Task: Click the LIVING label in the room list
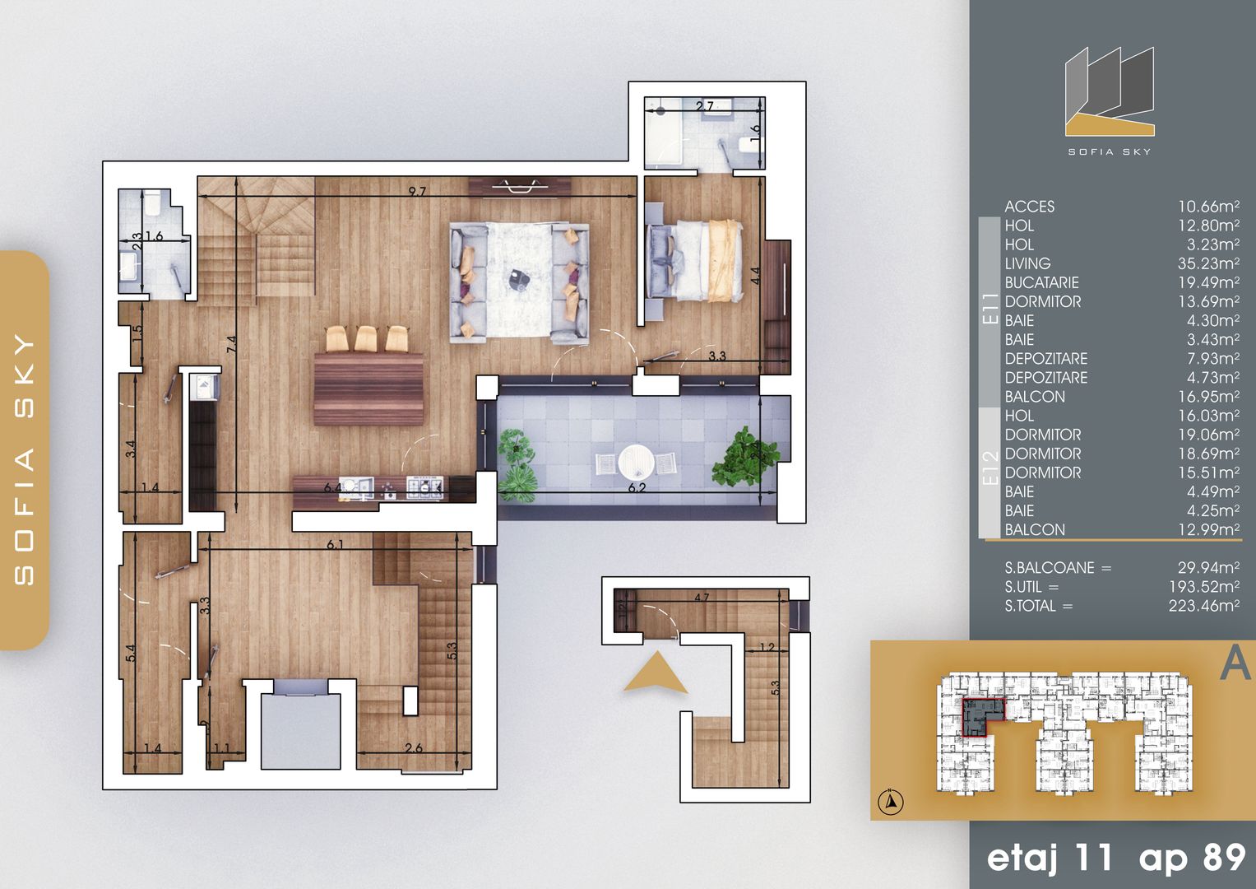[1027, 263]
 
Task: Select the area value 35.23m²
[1208, 263]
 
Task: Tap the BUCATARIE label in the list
[1041, 282]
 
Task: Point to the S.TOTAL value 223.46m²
[1203, 606]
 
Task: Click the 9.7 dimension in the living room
[418, 192]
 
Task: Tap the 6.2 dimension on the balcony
[637, 487]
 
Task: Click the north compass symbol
[891, 800]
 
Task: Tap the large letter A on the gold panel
[1234, 663]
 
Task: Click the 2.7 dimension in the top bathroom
[705, 105]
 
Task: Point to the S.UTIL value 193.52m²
[1203, 587]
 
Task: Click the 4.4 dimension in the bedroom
[755, 275]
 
